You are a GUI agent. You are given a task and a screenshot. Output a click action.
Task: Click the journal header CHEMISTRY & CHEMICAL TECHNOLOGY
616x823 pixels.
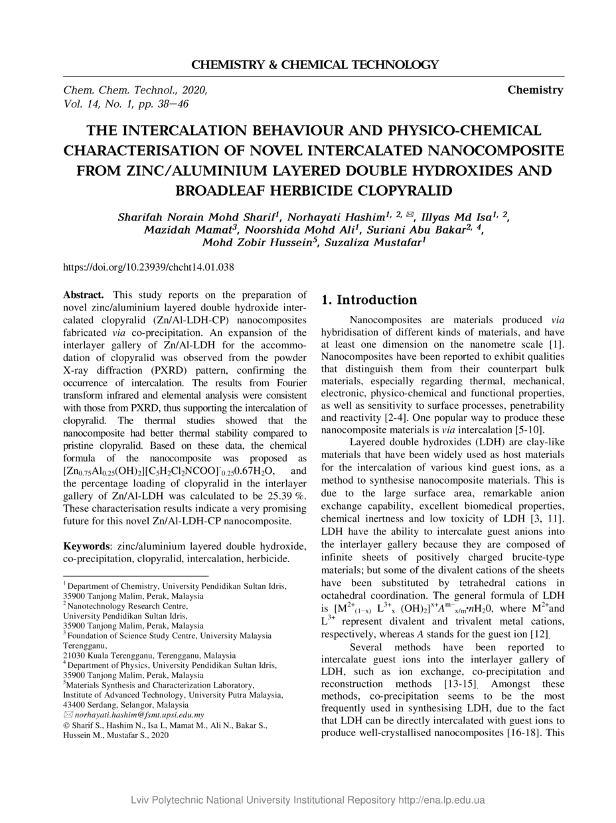315,65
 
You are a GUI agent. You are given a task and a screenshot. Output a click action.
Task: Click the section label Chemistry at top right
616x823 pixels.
535,90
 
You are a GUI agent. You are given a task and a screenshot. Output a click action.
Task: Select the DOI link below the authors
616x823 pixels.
148,267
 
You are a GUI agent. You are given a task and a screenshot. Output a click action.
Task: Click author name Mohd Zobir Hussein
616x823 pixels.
260,242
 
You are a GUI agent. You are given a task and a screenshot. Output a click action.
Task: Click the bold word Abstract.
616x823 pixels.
83,295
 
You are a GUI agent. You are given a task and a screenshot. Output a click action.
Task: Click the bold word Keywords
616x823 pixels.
88,546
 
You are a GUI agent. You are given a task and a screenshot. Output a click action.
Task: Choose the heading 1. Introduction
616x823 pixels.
369,300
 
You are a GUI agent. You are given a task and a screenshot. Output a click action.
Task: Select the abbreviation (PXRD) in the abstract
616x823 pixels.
176,370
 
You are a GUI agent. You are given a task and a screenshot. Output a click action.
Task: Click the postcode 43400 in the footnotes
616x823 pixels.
75,705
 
